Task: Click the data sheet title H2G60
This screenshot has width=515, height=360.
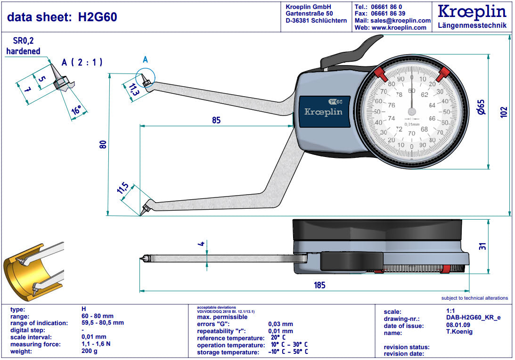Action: tap(62, 17)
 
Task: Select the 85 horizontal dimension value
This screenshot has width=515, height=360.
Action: tap(216, 120)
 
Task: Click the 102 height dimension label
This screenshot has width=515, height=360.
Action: tap(504, 112)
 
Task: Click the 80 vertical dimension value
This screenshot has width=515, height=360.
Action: tap(103, 144)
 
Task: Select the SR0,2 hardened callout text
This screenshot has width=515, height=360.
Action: tap(24, 46)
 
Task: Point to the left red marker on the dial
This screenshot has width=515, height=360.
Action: tap(380, 73)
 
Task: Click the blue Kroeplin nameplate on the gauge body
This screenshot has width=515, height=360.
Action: tap(323, 111)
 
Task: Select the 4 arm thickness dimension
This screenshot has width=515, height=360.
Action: tap(201, 244)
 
